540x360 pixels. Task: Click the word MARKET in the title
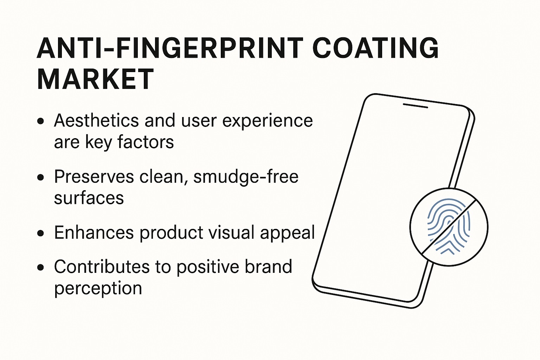point(95,79)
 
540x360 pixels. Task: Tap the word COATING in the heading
point(375,48)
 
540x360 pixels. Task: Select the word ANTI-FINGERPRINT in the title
point(170,48)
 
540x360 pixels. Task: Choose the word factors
point(146,142)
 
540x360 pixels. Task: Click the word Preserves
point(94,176)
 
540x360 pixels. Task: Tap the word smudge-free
point(246,177)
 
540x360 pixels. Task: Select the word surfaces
point(89,198)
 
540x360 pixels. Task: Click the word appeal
point(287,233)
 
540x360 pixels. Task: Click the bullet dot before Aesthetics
point(40,121)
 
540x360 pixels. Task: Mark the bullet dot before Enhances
point(40,233)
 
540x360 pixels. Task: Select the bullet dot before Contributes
point(40,267)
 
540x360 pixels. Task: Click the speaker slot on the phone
point(415,106)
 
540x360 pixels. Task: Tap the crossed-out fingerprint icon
point(449,227)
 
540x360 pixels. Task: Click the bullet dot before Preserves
point(40,177)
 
